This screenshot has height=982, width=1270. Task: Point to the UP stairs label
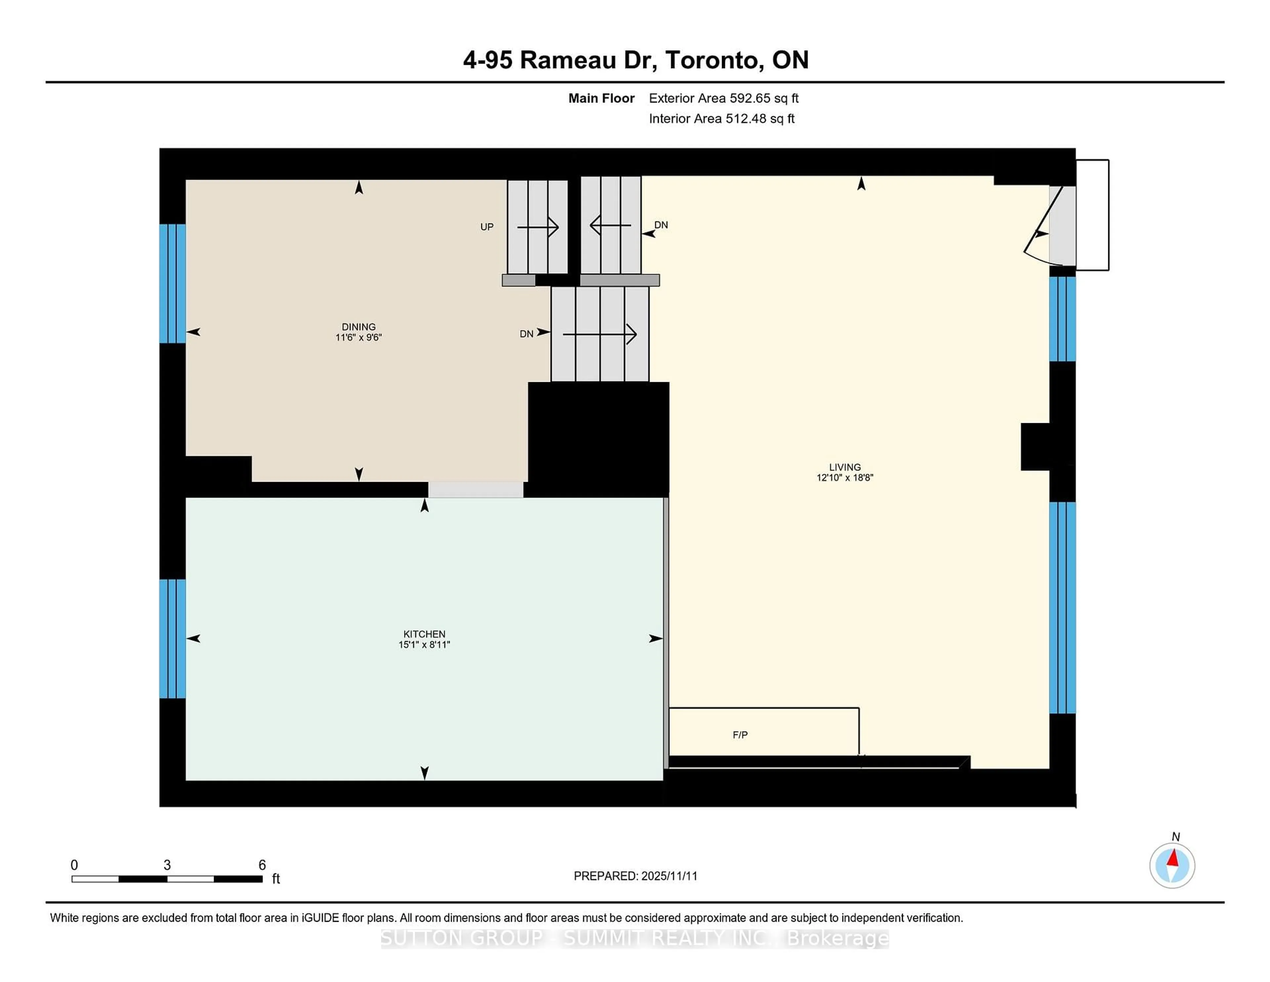point(487,227)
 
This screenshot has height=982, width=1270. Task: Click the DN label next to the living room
point(661,225)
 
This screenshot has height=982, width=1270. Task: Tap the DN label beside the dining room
point(526,334)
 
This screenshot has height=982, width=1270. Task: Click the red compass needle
point(1173,859)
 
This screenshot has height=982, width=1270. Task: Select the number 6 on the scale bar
point(262,865)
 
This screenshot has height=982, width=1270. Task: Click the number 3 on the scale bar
point(167,865)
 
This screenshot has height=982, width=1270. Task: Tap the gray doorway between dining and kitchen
point(476,490)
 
